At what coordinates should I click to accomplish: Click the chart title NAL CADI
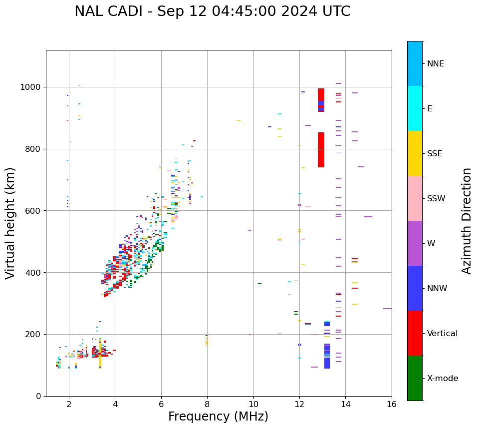click(212, 11)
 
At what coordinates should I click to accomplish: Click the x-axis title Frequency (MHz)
click(218, 417)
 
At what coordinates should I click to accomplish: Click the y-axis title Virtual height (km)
click(10, 223)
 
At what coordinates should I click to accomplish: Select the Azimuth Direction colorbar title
click(467, 221)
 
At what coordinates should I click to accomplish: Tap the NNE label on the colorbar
click(435, 64)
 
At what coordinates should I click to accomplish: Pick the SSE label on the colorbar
click(434, 154)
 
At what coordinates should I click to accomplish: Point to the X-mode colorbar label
click(442, 379)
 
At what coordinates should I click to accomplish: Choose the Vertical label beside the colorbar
click(442, 334)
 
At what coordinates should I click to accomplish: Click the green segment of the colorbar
click(415, 378)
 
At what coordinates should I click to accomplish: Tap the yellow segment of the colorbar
click(415, 153)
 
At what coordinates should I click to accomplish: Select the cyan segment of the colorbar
click(415, 108)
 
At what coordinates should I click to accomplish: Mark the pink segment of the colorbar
click(415, 198)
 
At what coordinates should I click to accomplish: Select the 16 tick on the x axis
click(392, 404)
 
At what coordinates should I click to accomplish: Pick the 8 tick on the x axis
click(207, 404)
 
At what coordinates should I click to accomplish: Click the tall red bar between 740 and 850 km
click(321, 150)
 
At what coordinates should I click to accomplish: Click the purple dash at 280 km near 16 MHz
click(387, 309)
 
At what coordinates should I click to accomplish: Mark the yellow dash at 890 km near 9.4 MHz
click(239, 120)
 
